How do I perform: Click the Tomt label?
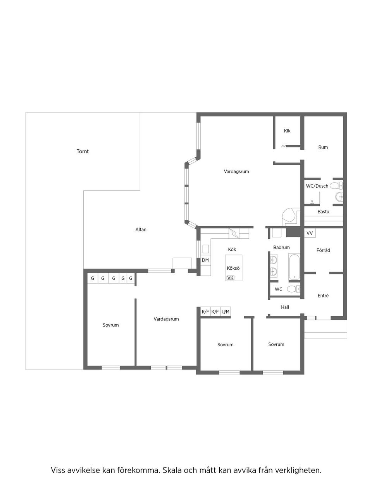click(83, 151)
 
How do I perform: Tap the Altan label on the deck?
click(141, 229)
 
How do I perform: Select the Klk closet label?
click(287, 131)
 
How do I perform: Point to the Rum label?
click(323, 147)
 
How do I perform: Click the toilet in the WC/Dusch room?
click(336, 186)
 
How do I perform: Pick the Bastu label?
click(323, 212)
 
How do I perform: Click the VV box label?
click(309, 233)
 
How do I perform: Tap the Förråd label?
click(323, 250)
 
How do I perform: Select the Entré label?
click(323, 296)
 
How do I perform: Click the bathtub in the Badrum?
click(294, 267)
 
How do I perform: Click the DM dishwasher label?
click(205, 260)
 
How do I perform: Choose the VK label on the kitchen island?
click(231, 278)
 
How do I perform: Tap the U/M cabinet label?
click(226, 311)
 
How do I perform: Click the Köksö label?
click(233, 268)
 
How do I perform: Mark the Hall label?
click(285, 307)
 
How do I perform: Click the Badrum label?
click(281, 247)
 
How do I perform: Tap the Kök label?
click(232, 250)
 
